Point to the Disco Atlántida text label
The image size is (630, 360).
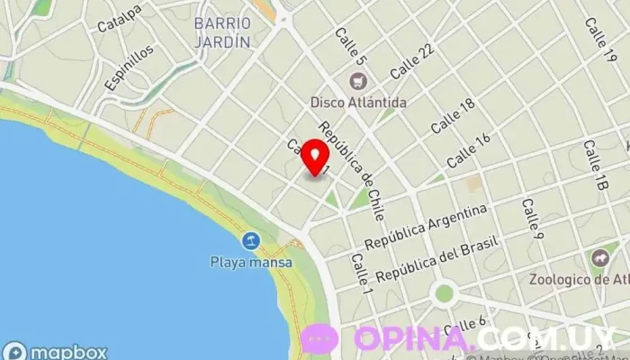[358, 102]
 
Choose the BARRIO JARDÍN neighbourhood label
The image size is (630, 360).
[221, 31]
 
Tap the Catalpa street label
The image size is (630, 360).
[121, 15]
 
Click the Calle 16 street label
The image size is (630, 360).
[469, 148]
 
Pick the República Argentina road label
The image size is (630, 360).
[426, 227]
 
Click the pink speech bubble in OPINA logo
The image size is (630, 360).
[319, 339]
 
